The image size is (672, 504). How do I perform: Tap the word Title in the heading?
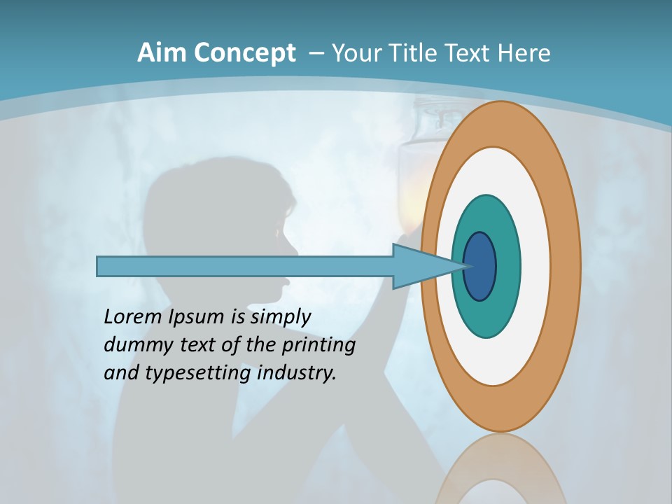(x=422, y=53)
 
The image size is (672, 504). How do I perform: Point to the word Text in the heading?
(x=474, y=53)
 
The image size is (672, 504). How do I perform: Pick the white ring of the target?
(x=535, y=267)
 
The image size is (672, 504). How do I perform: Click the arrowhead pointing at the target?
(x=420, y=267)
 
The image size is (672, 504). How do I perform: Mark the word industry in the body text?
(x=297, y=373)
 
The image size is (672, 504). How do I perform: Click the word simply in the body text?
(x=280, y=318)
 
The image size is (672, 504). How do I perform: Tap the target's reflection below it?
(x=500, y=469)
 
